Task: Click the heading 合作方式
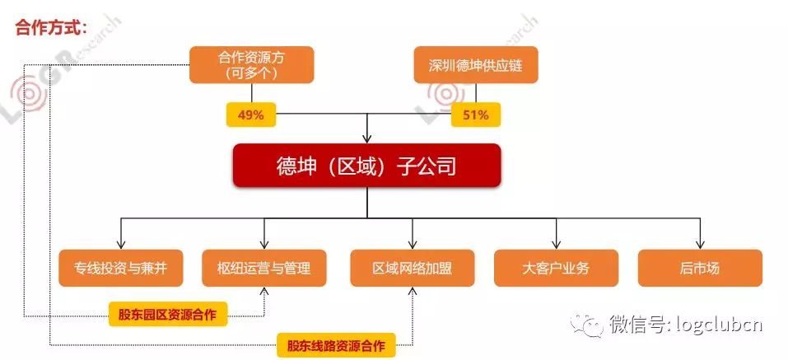pos(51,26)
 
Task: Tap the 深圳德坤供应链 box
pos(475,64)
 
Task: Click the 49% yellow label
pos(250,115)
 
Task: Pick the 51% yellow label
pos(476,115)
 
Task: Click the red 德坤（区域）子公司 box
pos(366,168)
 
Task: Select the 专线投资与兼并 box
pos(121,268)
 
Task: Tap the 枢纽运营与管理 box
pos(264,268)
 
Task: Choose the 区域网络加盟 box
pos(412,268)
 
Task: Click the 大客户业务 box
pos(556,268)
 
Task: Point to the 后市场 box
pos(700,268)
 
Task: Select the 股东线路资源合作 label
pos(336,344)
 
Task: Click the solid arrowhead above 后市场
pos(700,244)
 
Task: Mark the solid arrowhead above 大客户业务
pos(556,244)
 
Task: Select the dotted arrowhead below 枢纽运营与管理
pos(264,291)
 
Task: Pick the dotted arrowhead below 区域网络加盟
pos(412,291)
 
